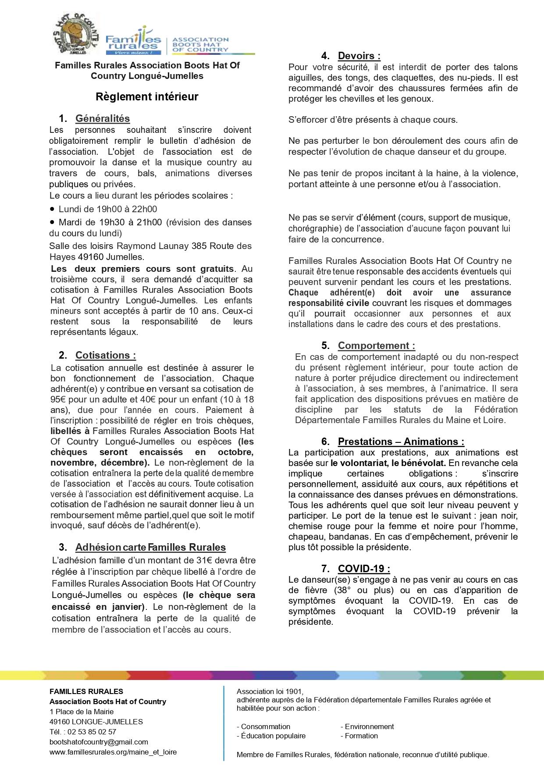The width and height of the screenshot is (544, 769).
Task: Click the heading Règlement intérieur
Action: [x=147, y=97]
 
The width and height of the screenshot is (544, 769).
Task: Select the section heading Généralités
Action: [x=103, y=118]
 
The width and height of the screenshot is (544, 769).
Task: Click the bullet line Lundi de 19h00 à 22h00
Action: [x=107, y=209]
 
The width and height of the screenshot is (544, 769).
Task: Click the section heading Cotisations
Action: [x=105, y=355]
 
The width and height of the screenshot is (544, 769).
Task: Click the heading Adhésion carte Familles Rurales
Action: [x=150, y=547]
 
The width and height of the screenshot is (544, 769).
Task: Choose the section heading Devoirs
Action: [x=359, y=56]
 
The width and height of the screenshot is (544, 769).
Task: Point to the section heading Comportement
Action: [x=376, y=345]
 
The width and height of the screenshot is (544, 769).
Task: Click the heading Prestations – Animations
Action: [x=401, y=441]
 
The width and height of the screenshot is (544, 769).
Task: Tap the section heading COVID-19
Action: [x=363, y=569]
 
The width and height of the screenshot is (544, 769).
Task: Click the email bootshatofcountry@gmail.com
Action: [x=99, y=742]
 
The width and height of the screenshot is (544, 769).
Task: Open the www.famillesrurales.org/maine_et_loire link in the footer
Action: [x=113, y=752]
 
